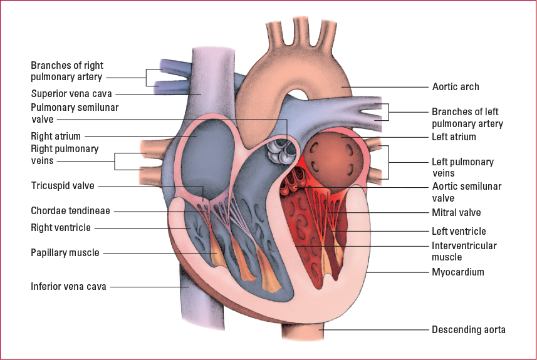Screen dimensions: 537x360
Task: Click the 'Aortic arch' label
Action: tap(455, 87)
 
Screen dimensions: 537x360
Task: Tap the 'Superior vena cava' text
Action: tap(71, 93)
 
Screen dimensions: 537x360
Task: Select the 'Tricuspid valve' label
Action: tap(63, 186)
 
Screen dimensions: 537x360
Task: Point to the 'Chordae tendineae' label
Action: tap(70, 211)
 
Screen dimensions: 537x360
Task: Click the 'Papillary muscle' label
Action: tap(65, 253)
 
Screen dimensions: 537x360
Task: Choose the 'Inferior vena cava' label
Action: tap(68, 286)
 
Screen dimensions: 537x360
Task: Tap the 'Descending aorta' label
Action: tap(469, 329)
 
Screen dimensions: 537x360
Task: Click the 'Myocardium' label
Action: tap(458, 272)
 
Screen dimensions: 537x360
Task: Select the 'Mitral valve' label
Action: tap(456, 212)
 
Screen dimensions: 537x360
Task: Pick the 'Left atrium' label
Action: tap(454, 137)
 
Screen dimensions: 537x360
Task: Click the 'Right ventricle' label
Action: tap(61, 227)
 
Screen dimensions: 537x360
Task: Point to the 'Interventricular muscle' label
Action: tap(464, 251)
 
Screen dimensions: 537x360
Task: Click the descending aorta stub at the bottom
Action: tap(302, 331)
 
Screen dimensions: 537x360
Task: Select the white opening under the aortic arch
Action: tap(298, 95)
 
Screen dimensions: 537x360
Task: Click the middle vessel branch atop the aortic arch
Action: tap(301, 31)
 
